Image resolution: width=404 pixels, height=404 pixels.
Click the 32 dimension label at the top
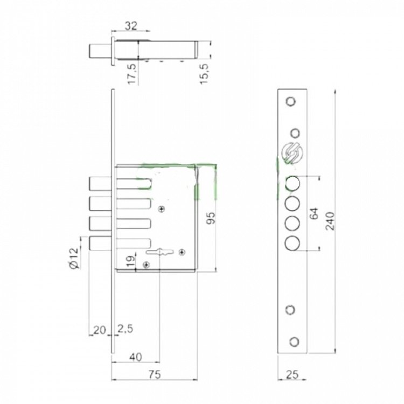pyautogui.click(x=131, y=26)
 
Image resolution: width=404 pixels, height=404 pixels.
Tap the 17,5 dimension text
pyautogui.click(x=132, y=74)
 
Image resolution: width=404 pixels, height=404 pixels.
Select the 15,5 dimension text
pyautogui.click(x=204, y=74)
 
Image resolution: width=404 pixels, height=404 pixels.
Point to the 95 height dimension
pyautogui.click(x=211, y=218)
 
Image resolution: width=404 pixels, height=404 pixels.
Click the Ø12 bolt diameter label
pyautogui.click(x=73, y=258)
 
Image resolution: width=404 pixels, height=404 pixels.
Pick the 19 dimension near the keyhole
pyautogui.click(x=131, y=261)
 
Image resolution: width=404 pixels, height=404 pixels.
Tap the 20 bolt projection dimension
pyautogui.click(x=100, y=330)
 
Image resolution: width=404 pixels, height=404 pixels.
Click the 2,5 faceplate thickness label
pyautogui.click(x=126, y=329)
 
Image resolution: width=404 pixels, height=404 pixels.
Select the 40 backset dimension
pyautogui.click(x=136, y=357)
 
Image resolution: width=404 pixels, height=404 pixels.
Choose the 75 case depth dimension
pyautogui.click(x=155, y=374)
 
